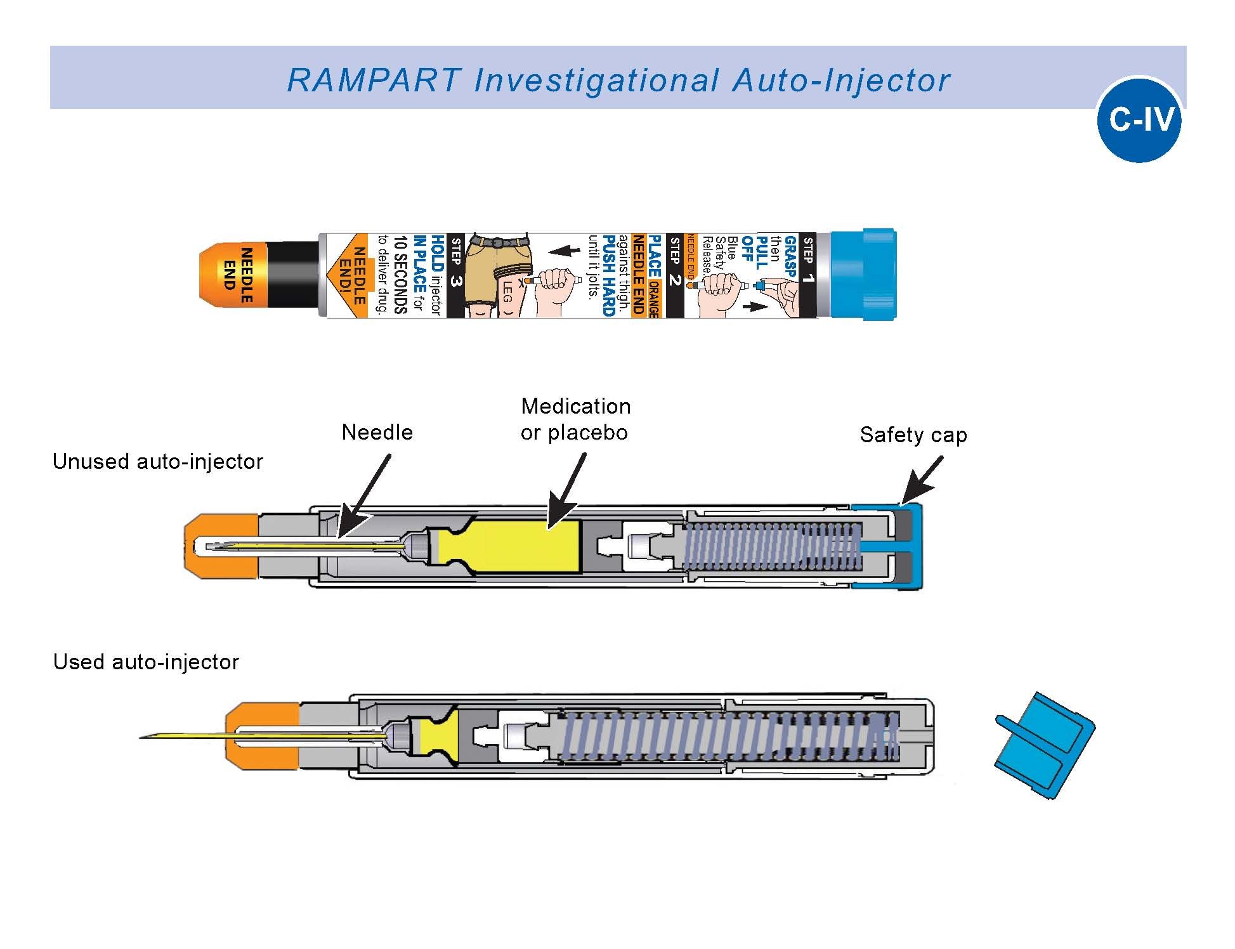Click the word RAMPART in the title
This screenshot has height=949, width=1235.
374,81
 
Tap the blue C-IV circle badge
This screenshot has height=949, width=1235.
1139,120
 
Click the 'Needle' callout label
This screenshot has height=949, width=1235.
377,433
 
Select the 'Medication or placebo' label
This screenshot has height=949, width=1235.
575,419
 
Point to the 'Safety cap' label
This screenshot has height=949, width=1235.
913,435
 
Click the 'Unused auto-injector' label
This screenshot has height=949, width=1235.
157,461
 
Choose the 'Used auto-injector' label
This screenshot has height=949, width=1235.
146,662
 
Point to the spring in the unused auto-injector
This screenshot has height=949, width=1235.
771,546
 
